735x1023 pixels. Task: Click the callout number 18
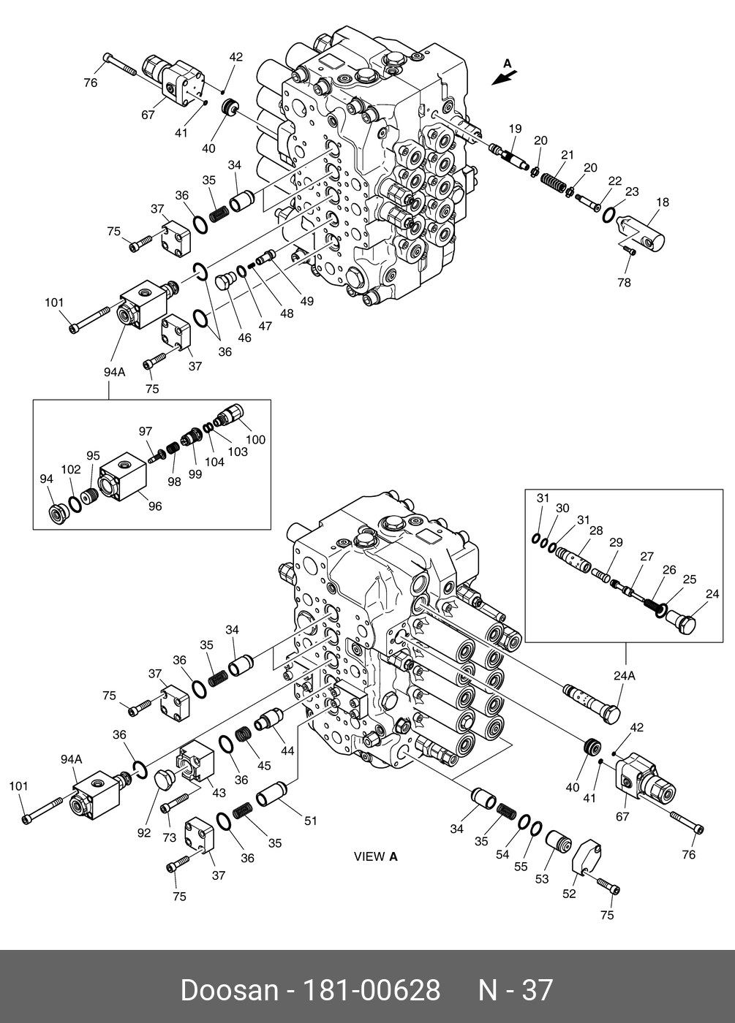663,202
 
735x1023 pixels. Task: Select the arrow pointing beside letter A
504,77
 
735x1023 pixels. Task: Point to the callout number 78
624,283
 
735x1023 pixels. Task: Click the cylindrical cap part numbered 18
641,232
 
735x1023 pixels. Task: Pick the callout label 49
307,301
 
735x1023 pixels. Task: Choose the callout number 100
255,439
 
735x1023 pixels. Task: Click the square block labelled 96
123,476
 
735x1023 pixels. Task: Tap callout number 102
71,469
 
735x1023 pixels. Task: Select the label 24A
625,675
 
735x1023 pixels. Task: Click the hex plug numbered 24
679,623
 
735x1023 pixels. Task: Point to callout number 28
596,530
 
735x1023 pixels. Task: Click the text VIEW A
376,856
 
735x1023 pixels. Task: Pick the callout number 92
144,832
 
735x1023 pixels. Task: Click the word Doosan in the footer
230,990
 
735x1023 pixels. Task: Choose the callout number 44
287,750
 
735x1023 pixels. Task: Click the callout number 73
170,837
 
